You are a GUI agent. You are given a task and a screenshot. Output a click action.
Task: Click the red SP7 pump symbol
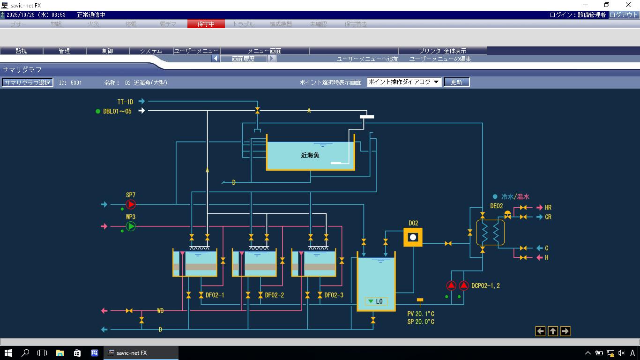131,204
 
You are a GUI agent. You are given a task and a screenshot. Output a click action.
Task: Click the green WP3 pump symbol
131,226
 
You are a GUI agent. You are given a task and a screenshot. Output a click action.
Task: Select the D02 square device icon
413,237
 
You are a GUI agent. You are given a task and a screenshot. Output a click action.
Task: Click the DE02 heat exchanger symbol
491,232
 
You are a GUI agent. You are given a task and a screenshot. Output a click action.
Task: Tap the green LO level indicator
376,301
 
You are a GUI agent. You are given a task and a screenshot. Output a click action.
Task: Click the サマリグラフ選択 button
27,82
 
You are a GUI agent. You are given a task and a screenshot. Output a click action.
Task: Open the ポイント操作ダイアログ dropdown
404,82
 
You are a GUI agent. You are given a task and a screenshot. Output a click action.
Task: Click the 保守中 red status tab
206,24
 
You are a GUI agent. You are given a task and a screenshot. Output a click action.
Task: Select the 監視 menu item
21,51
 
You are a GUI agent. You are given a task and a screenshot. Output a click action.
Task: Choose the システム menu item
151,51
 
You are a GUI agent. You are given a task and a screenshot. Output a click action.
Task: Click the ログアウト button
624,15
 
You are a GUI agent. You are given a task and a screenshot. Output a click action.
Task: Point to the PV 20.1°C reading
421,314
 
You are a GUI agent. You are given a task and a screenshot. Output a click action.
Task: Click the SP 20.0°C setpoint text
421,322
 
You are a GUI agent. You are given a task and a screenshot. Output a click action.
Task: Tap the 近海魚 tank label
310,155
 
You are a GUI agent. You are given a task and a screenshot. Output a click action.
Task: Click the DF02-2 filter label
275,295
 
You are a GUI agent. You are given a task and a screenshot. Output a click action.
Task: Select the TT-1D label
125,101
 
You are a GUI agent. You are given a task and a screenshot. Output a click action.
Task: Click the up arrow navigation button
553,331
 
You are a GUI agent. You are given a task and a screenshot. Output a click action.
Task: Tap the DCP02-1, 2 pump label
485,285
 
